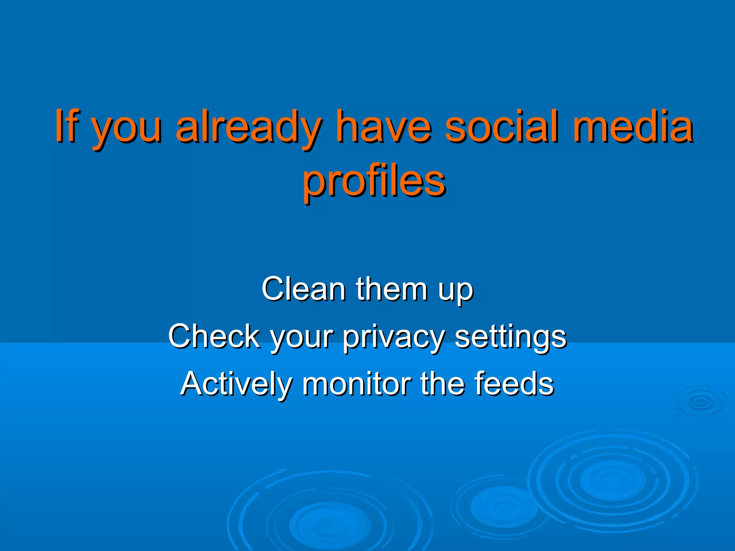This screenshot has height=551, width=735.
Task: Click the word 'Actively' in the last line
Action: (x=235, y=385)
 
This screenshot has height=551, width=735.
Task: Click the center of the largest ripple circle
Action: (x=612, y=481)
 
